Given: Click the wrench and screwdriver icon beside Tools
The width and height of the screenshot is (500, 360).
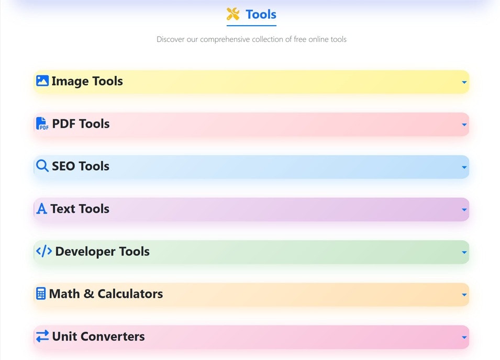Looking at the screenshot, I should click(x=233, y=14).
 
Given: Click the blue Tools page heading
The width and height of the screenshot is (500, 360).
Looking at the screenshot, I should click(x=261, y=15).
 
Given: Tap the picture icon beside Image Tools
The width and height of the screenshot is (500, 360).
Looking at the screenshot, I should click(x=42, y=81).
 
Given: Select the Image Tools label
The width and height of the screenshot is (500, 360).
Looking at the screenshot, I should click(x=87, y=81).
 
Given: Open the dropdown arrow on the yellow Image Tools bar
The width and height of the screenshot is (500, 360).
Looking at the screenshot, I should click(x=464, y=82).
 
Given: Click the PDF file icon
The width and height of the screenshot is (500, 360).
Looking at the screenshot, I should click(x=42, y=123).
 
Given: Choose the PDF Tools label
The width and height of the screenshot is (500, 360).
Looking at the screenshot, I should click(x=81, y=124).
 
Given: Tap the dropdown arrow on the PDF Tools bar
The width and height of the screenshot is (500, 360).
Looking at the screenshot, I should click(x=464, y=125).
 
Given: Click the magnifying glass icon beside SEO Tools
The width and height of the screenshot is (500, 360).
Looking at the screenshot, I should click(x=42, y=166).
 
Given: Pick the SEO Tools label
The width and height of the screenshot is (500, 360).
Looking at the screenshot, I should click(x=81, y=166).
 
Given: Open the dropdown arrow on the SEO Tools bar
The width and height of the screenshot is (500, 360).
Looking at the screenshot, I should click(x=464, y=167).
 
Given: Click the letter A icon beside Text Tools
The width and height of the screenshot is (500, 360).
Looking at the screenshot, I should click(x=42, y=209).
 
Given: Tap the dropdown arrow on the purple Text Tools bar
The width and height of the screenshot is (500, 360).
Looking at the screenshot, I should click(x=464, y=210).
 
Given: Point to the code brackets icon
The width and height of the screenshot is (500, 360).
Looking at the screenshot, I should click(x=44, y=251).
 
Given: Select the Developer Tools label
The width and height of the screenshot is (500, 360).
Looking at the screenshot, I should click(x=102, y=252).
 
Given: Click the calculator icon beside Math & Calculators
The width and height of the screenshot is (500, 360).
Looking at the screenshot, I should click(x=41, y=294).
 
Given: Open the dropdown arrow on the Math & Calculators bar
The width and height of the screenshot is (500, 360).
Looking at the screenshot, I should click(x=464, y=295).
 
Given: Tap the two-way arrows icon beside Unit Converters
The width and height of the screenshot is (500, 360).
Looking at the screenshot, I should click(x=42, y=336).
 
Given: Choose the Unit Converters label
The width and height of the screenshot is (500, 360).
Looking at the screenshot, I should click(x=98, y=336).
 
